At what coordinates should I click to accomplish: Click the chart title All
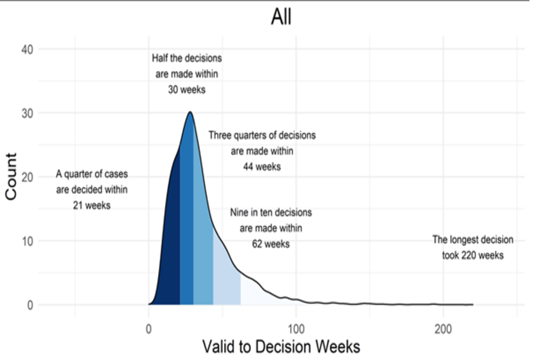point(281,17)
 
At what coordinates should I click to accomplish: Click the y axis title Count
point(11,177)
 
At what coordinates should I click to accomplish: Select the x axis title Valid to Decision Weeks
point(281,346)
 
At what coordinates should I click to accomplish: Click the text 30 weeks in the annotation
point(187,89)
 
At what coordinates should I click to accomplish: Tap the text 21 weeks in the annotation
point(92,205)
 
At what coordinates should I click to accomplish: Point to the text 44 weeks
point(262,167)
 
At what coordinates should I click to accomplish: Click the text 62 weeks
point(271,244)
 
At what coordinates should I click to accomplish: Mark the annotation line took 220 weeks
point(472,255)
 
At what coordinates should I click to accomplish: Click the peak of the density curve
point(190,112)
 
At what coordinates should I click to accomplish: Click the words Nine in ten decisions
point(271,213)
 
